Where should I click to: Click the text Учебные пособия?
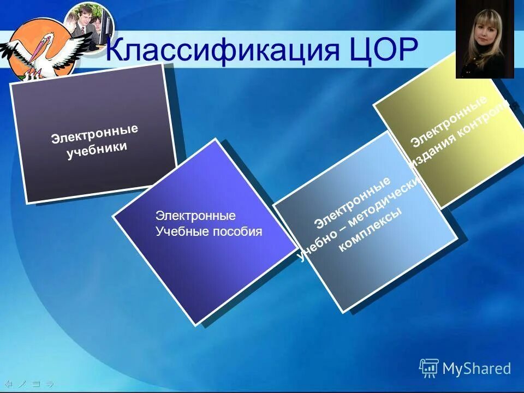209,231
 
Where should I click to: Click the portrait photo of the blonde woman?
485,39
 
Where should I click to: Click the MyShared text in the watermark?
477,368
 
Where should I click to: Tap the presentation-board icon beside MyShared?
429,368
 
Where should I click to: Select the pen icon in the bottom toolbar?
22,383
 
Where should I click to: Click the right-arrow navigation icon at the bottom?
50,383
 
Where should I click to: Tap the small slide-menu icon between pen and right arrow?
36,383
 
